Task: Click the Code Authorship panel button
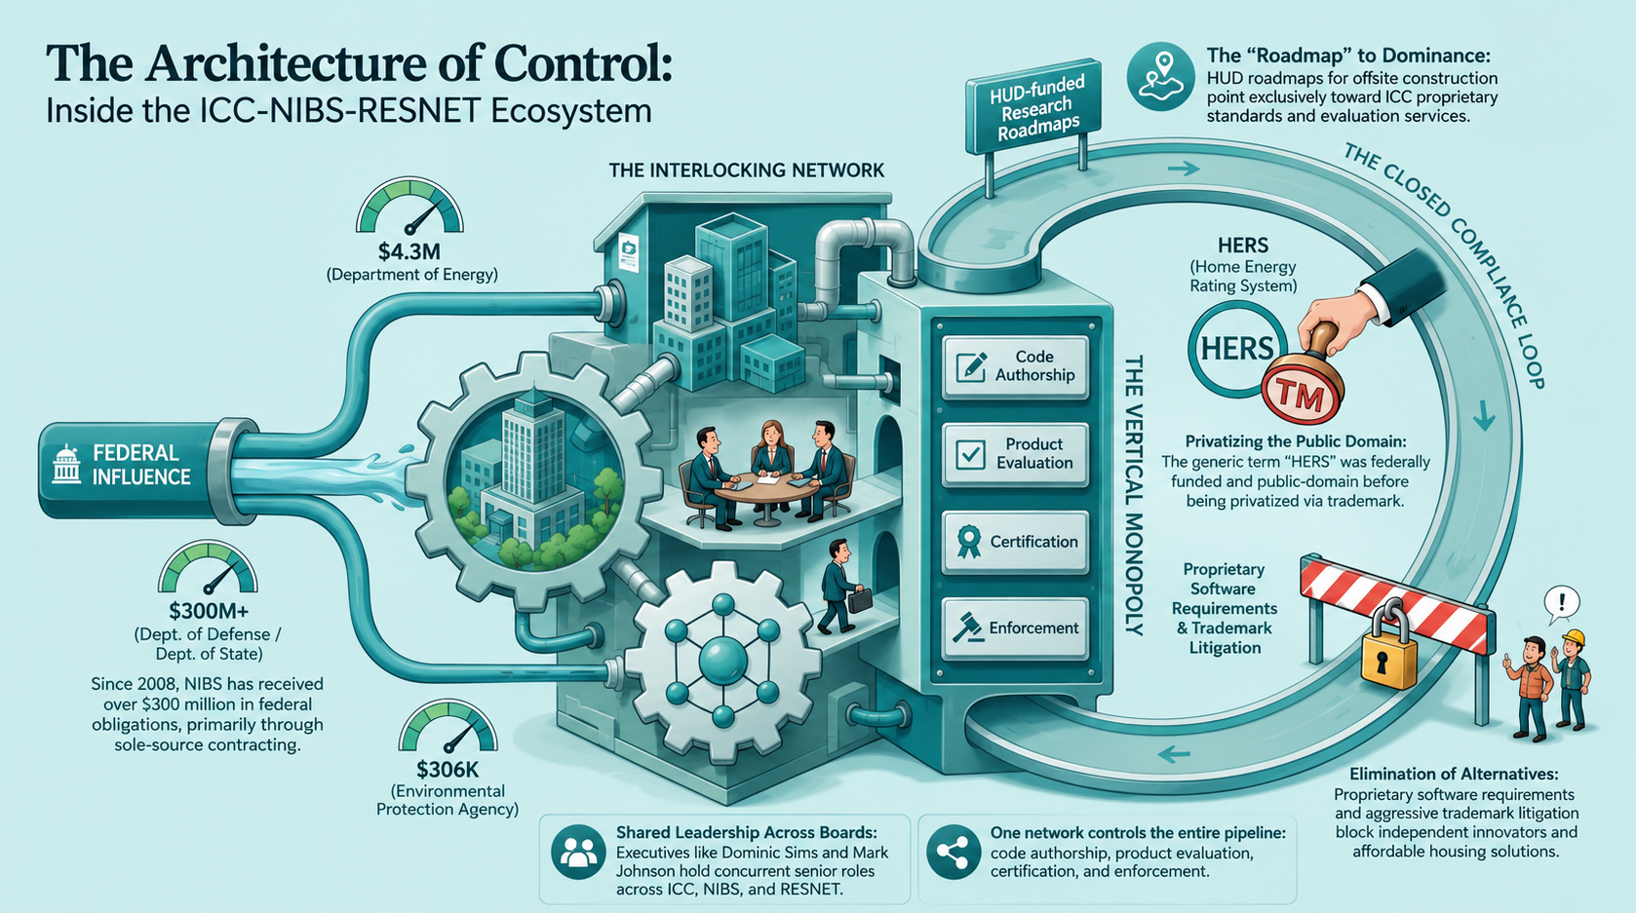[x=1015, y=366]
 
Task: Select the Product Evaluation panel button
[x=1015, y=454]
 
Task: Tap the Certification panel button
[x=1015, y=542]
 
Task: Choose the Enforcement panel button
[x=1015, y=628]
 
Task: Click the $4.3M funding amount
[x=409, y=251]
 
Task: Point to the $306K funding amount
[x=447, y=769]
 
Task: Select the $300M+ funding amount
[x=208, y=610]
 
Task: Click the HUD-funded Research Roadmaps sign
[x=1032, y=108]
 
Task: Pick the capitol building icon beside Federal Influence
[x=67, y=464]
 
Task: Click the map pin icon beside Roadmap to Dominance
[x=1160, y=77]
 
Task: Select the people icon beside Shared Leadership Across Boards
[x=578, y=853]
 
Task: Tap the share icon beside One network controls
[x=954, y=853]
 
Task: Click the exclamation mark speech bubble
[x=1562, y=604]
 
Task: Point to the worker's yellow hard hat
[x=1574, y=638]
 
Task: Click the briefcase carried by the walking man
[x=860, y=600]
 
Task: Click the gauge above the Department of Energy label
[x=409, y=207]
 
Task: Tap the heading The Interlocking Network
[x=747, y=171]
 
